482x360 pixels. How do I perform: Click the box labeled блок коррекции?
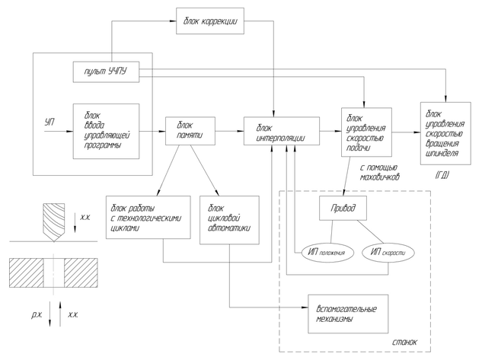click(x=210, y=21)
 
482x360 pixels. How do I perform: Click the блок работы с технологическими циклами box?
click(x=145, y=219)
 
